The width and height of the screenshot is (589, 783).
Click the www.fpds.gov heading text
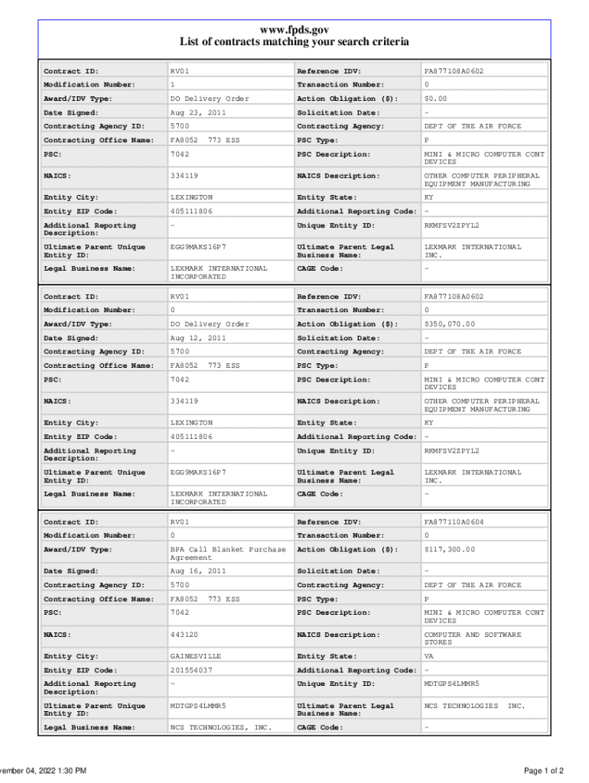[x=294, y=29]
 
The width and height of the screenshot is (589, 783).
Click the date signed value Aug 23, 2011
[x=197, y=112]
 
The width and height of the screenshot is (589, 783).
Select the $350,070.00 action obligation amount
[x=449, y=324]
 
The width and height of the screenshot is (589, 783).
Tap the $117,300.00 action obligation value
[x=449, y=550]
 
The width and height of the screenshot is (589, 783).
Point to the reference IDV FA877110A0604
[x=454, y=521]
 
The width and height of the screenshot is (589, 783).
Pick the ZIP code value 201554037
[x=191, y=670]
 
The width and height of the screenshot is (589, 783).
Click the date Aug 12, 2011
[x=197, y=338]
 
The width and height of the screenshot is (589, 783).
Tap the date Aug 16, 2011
[x=197, y=571]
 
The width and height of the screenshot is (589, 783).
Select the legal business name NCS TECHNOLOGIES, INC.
[x=220, y=727]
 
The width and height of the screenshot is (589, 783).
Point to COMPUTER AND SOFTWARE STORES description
[x=472, y=638]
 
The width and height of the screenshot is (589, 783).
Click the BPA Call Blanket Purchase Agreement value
[x=227, y=554]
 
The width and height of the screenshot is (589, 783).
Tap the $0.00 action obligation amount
[x=435, y=99]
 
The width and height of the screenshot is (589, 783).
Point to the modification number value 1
[x=172, y=85]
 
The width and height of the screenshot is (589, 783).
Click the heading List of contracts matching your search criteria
[x=294, y=42]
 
